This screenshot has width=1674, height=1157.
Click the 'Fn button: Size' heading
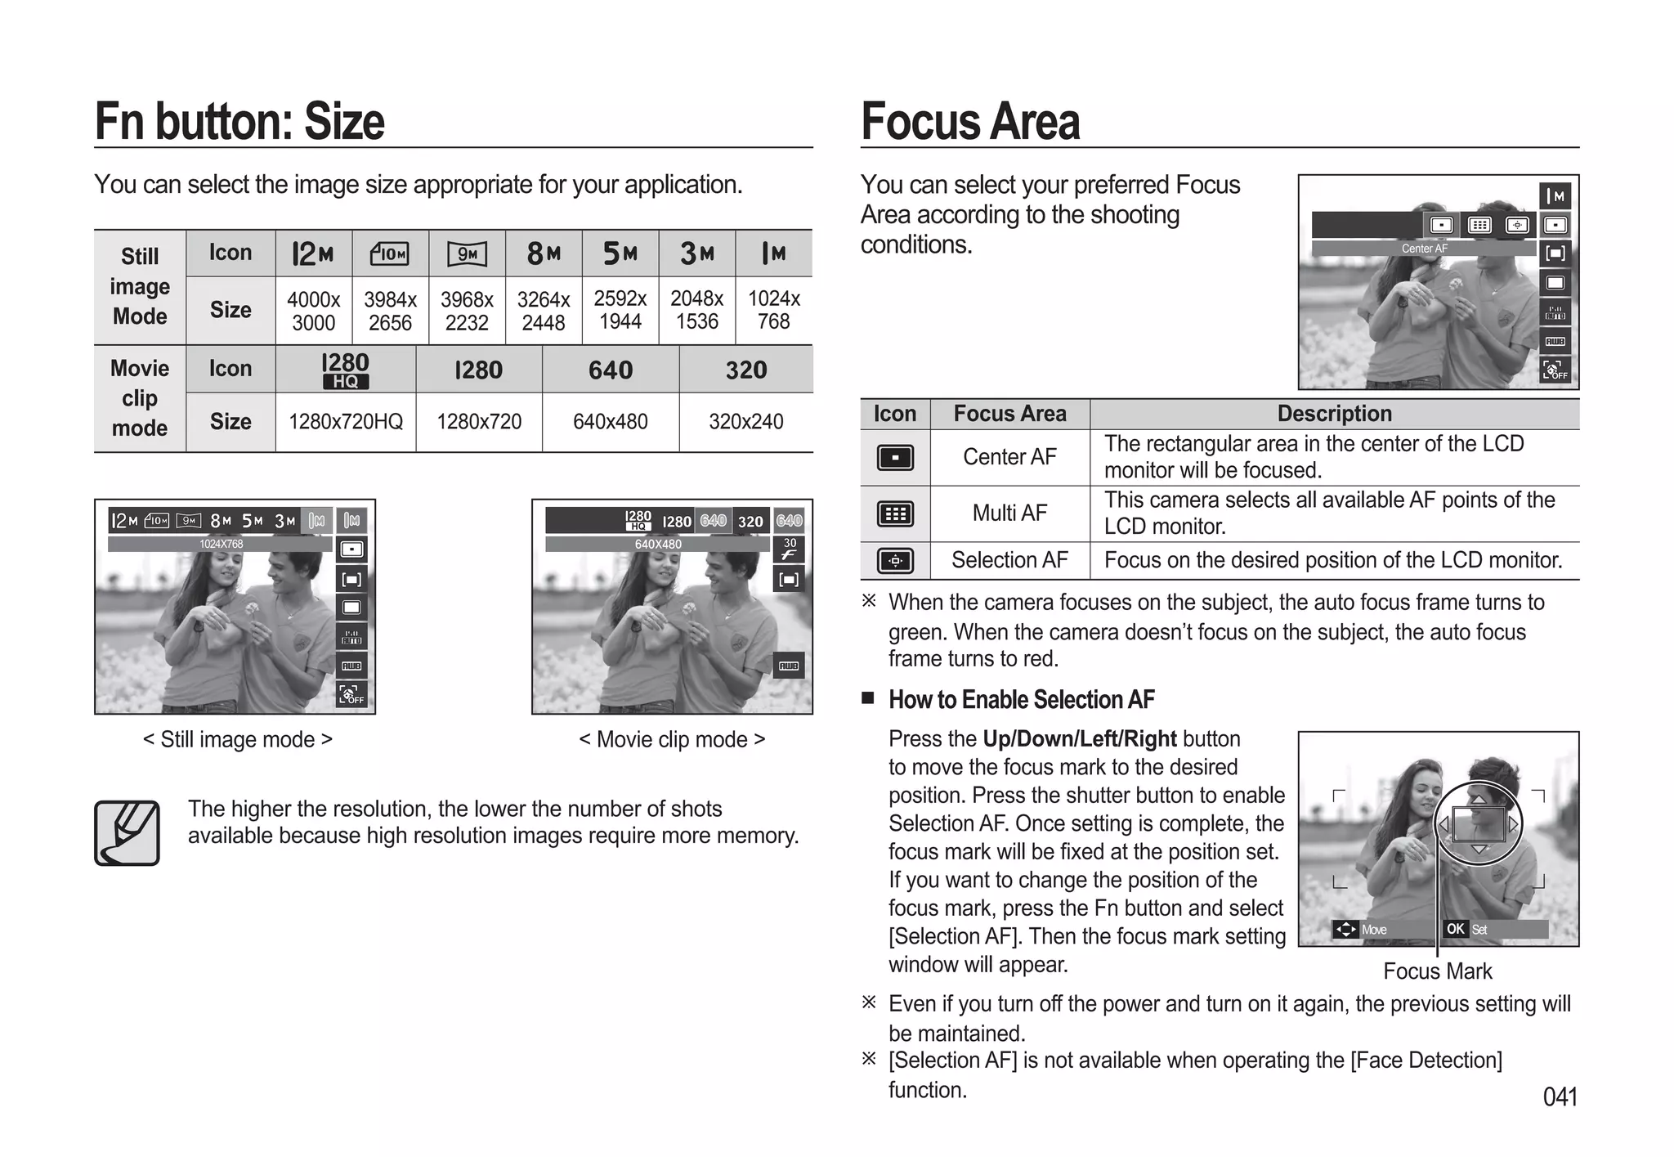click(239, 122)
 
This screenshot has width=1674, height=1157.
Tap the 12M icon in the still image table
click(313, 253)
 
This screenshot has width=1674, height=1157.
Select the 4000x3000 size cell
click(313, 311)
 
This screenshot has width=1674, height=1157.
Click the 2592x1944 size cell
click(620, 310)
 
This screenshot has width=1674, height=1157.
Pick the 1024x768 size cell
click(773, 310)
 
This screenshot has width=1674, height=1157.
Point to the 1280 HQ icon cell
click(345, 370)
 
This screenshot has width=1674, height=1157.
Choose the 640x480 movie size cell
click(610, 422)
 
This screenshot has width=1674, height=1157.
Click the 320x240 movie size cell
click(745, 422)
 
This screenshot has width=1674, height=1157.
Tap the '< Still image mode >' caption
click(237, 739)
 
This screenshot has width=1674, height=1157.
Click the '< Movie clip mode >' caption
click(672, 739)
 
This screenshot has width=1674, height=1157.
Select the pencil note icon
click(127, 832)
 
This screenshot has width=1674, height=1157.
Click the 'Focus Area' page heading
click(970, 122)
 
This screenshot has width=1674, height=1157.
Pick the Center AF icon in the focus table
click(895, 458)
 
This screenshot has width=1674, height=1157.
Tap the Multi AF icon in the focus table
click(895, 514)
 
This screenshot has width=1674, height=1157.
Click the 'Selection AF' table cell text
click(1009, 560)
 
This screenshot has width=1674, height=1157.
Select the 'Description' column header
click(1334, 414)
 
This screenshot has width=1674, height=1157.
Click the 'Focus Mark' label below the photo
click(1437, 971)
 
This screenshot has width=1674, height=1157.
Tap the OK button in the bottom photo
click(1455, 929)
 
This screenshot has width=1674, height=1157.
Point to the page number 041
click(1560, 1096)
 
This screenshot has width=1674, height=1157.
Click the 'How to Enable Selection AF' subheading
click(1021, 700)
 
